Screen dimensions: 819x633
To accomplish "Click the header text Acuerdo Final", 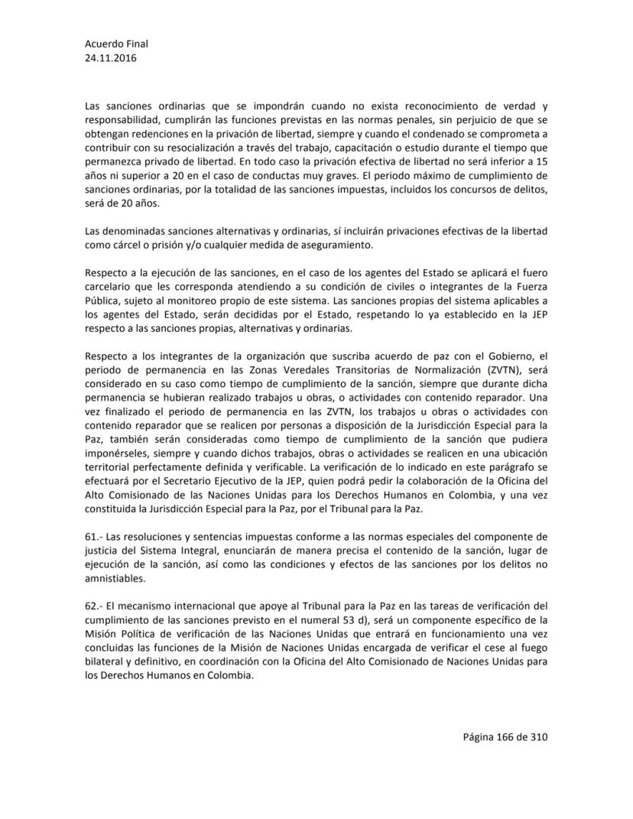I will (117, 44).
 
